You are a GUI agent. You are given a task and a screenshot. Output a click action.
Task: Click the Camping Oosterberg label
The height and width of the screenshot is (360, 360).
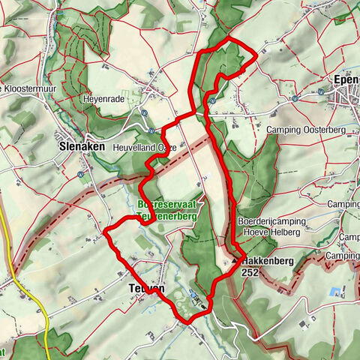304,130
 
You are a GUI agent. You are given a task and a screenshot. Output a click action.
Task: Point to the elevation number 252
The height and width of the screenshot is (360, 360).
252,274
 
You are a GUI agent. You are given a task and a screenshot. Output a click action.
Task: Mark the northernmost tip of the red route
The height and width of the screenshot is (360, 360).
228,37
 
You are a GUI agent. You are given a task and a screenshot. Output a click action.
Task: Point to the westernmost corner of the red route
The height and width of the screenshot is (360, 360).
104,229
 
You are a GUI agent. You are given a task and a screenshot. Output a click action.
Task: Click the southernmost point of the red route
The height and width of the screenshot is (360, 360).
187,322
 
